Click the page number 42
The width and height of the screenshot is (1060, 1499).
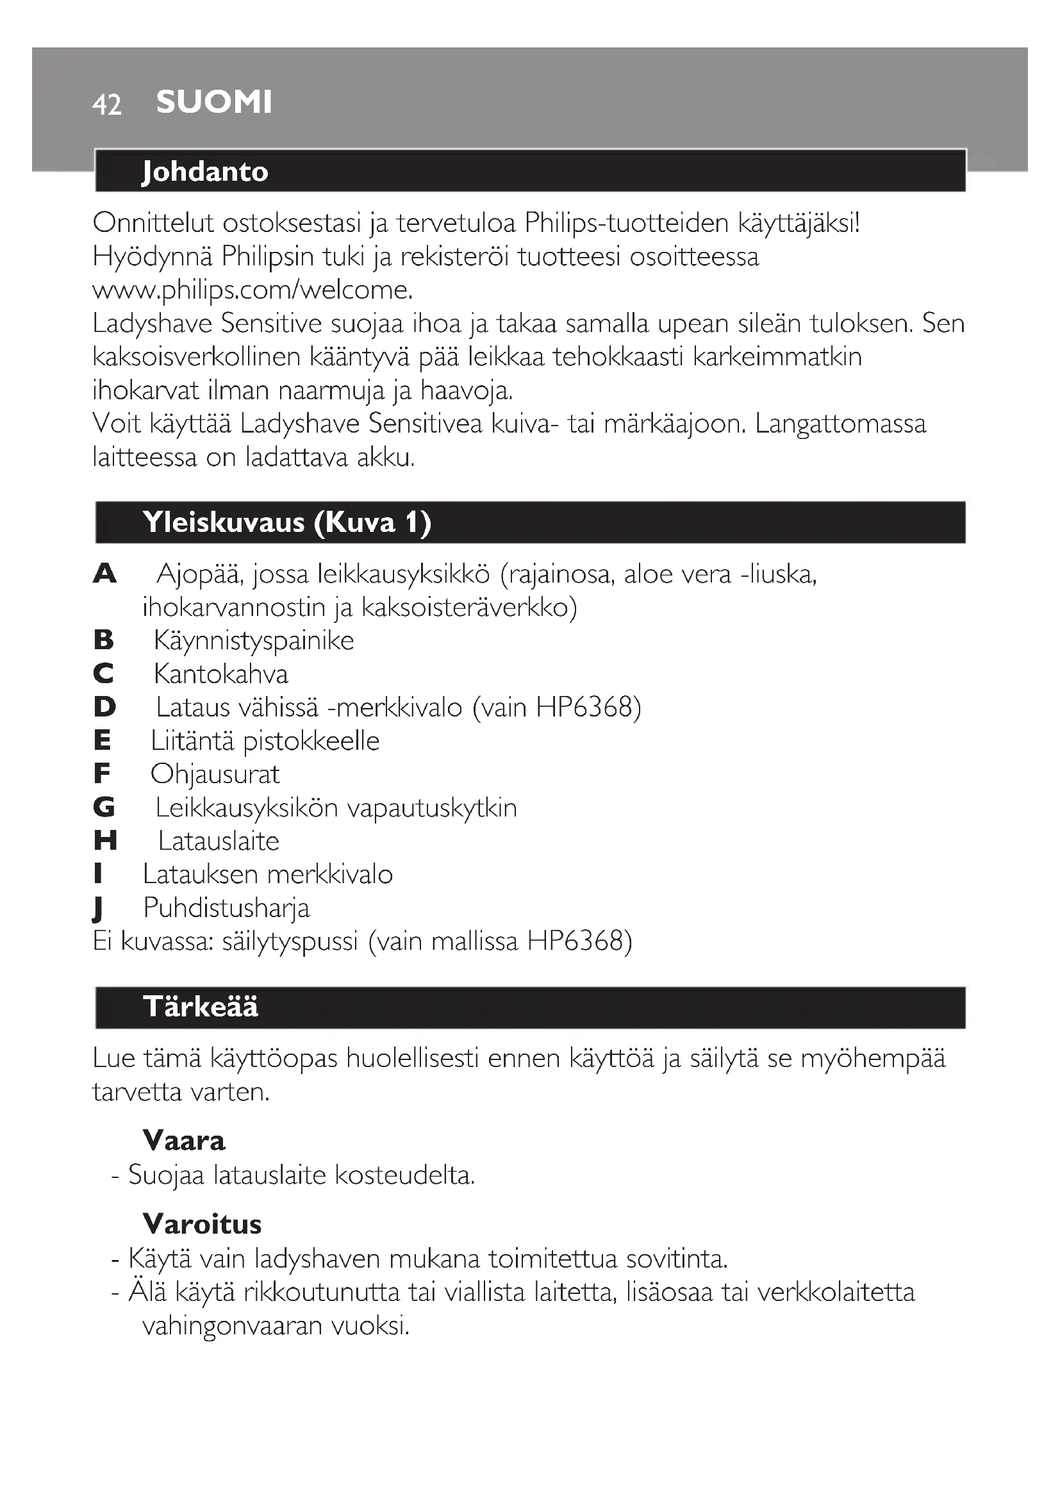pyautogui.click(x=106, y=104)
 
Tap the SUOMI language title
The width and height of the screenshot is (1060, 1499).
pyautogui.click(x=214, y=102)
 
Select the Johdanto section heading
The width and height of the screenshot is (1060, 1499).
pyautogui.click(x=205, y=171)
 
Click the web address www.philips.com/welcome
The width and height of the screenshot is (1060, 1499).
pyautogui.click(x=253, y=290)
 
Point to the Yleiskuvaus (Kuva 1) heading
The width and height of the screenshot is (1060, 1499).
pyautogui.click(x=287, y=522)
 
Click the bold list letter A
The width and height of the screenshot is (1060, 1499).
pyautogui.click(x=104, y=574)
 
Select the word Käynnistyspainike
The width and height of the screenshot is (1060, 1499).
pyautogui.click(x=254, y=640)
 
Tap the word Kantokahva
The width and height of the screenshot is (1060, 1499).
pyautogui.click(x=220, y=674)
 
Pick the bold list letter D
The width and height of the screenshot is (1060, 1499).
pyautogui.click(x=104, y=707)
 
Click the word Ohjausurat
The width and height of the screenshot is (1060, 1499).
pyautogui.click(x=215, y=774)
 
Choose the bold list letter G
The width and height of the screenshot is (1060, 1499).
pyautogui.click(x=104, y=807)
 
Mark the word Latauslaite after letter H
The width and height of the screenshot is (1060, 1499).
pyautogui.click(x=219, y=841)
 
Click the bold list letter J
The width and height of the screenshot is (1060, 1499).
pyautogui.click(x=99, y=908)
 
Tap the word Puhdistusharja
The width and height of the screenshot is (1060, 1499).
pyautogui.click(x=226, y=908)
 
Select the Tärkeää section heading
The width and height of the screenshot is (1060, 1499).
pyautogui.click(x=201, y=1007)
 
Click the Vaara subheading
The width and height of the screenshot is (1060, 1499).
pyautogui.click(x=184, y=1141)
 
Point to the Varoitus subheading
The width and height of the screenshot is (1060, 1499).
pyautogui.click(x=202, y=1224)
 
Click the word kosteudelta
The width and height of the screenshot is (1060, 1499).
pyautogui.click(x=404, y=1175)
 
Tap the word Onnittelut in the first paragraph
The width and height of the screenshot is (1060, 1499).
pyautogui.click(x=153, y=223)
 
